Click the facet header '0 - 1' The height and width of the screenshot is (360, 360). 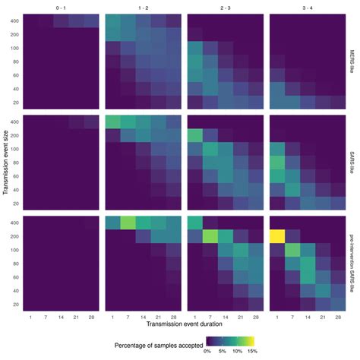tap(62, 6)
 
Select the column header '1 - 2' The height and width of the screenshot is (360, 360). tap(143, 6)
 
